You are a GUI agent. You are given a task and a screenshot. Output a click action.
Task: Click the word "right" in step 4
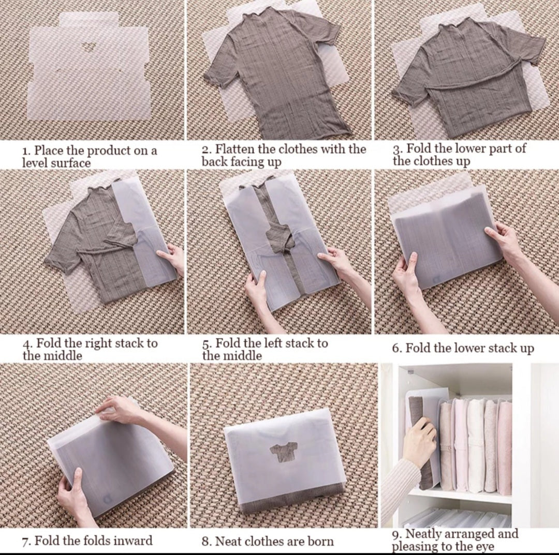click(97, 343)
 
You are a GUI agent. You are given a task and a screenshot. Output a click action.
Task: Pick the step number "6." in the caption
click(397, 348)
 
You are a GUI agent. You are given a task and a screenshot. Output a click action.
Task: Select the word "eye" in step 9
click(484, 546)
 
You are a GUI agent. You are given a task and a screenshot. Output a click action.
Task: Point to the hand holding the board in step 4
click(172, 259)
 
